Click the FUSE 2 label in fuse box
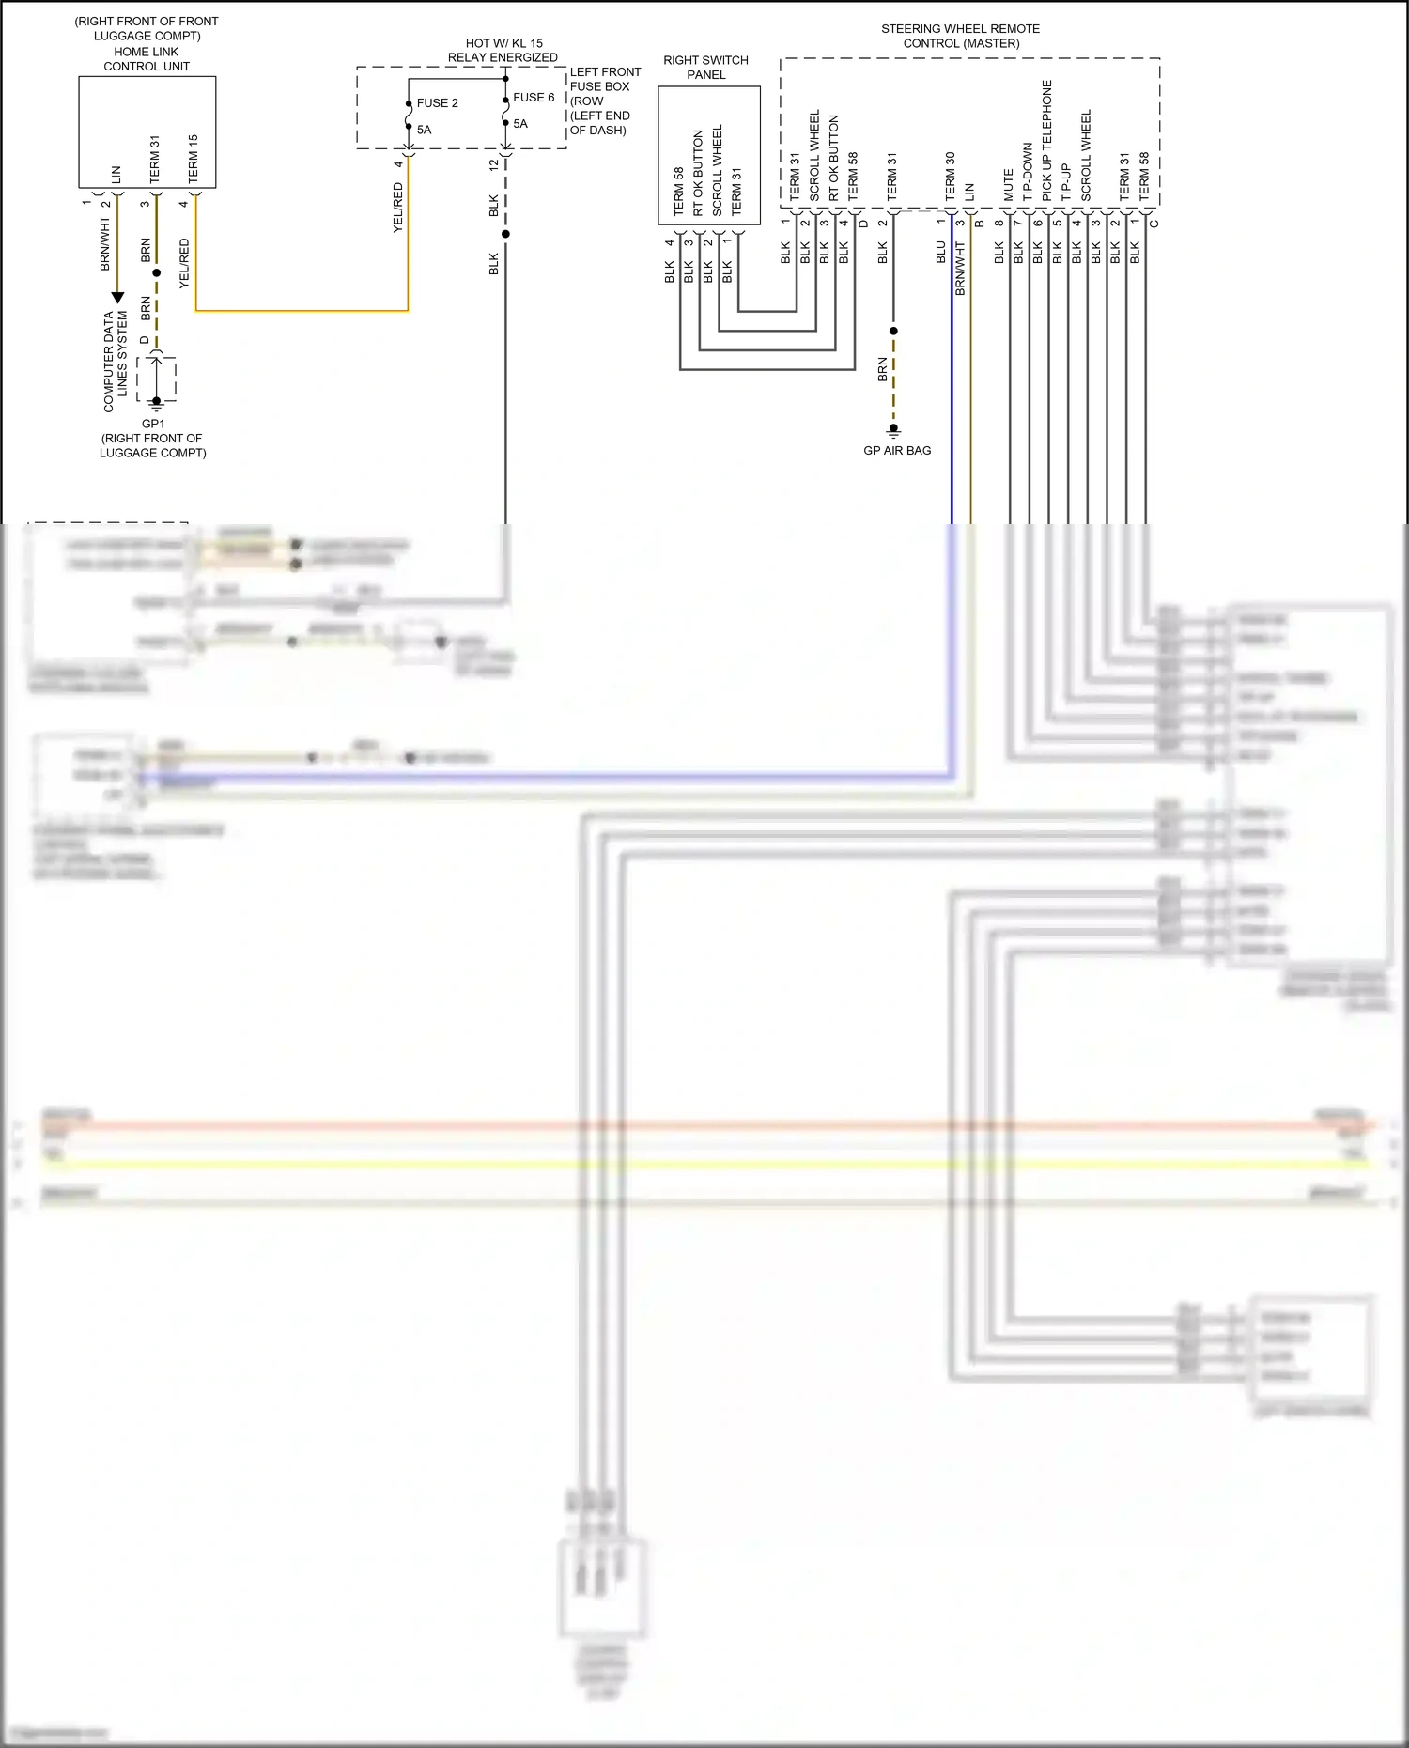coord(437,103)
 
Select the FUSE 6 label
coord(534,98)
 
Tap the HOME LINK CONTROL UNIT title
coord(147,59)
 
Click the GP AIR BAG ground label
coord(897,451)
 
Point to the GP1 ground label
coord(153,424)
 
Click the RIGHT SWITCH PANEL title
coord(705,68)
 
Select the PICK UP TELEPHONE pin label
coord(1047,141)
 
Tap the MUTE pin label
coord(1009,185)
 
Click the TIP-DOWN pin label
coord(1028,171)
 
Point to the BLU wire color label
coord(940,252)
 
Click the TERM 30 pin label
coord(950,177)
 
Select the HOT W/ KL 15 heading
coord(503,43)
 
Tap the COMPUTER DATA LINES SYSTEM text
coord(115,363)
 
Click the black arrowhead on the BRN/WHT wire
coord(117,298)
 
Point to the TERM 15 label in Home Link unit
coord(193,158)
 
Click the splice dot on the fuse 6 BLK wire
coord(505,234)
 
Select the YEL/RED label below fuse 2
coord(397,209)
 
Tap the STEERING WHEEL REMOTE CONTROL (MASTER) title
coord(960,36)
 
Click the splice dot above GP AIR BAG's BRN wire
coord(893,331)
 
